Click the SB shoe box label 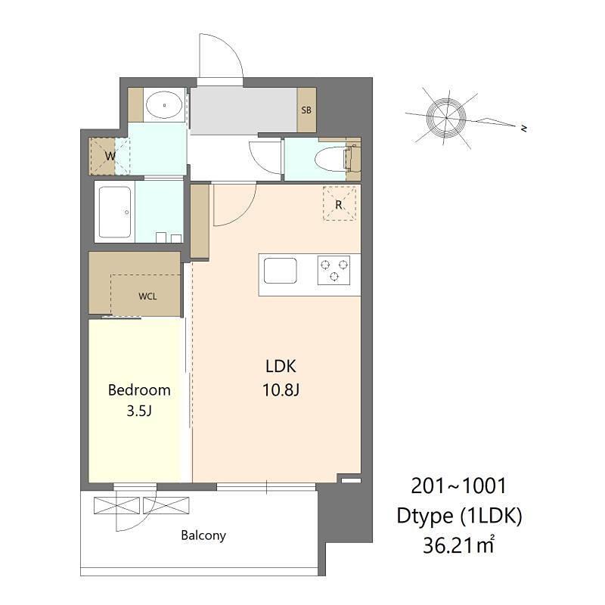306,110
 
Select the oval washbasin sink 164,105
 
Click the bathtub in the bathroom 115,212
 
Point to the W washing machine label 110,157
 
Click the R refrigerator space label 339,205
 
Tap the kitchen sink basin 280,270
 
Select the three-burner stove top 334,270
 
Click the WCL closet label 147,296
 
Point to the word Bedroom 139,390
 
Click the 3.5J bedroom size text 139,411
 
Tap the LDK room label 281,366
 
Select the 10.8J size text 281,390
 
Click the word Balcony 203,535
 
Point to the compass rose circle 446,117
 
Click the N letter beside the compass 523,128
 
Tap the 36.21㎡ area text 459,545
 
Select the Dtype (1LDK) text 459,516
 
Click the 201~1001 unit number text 458,486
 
